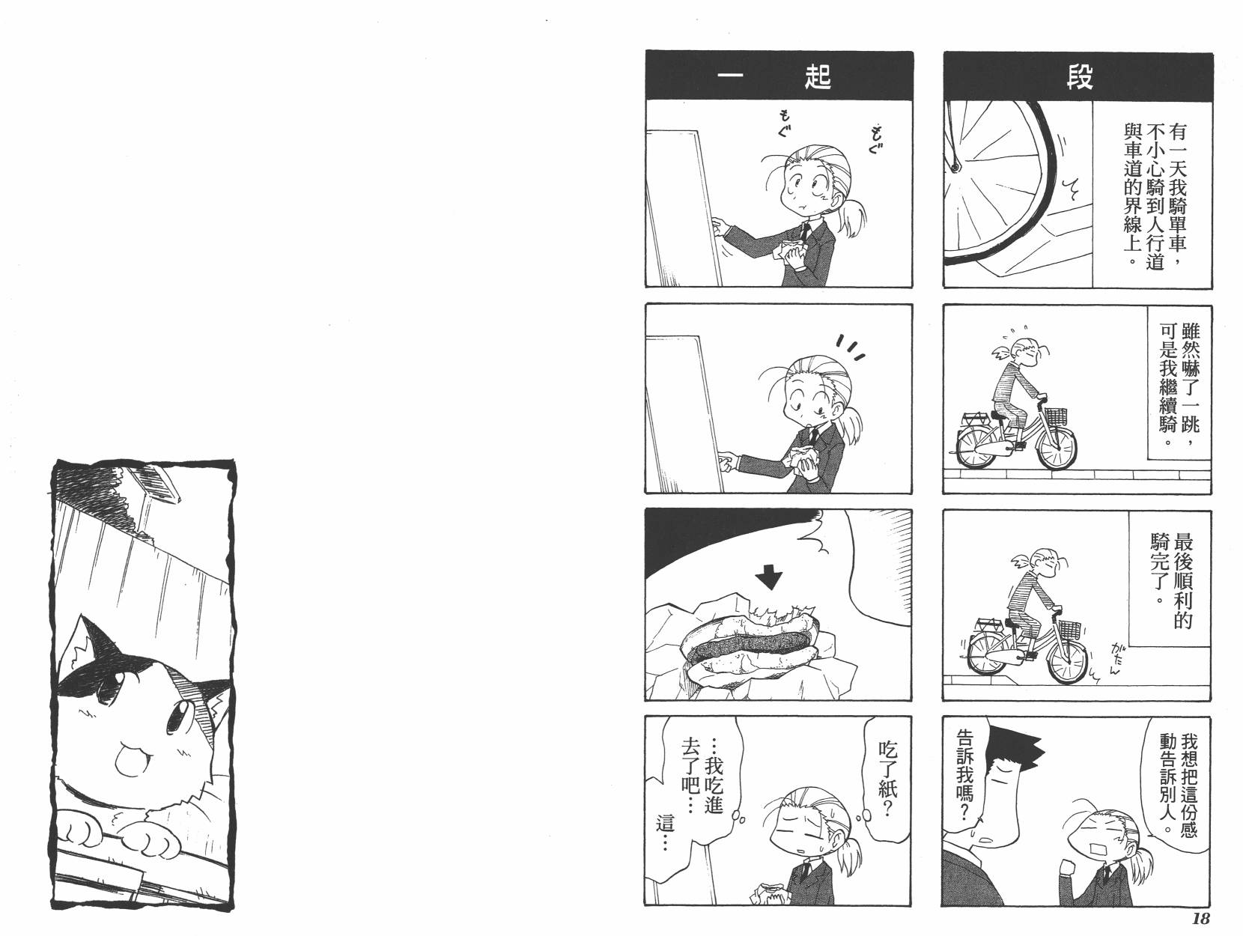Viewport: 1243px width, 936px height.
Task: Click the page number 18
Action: (x=1200, y=918)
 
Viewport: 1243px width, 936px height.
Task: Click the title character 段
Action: (x=1079, y=77)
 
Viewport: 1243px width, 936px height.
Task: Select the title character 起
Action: (x=818, y=77)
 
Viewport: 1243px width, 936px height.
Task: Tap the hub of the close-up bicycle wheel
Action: (x=955, y=168)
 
